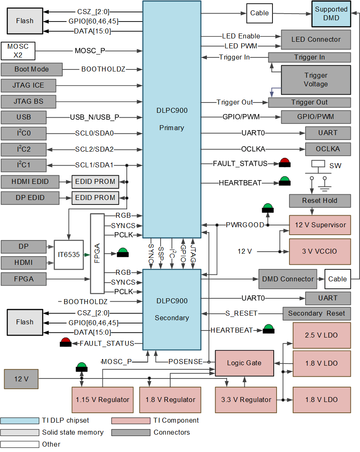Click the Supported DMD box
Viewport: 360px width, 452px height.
[x=331, y=14]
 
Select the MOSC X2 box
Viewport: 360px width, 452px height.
[x=18, y=51]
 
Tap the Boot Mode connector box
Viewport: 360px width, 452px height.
[x=31, y=69]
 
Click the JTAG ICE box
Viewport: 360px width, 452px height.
[x=28, y=86]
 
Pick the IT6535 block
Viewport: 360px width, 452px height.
[x=69, y=255]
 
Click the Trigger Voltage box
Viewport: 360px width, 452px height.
[x=316, y=80]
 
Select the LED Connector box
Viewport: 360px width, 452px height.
[x=316, y=40]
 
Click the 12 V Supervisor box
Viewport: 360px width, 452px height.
[x=320, y=225]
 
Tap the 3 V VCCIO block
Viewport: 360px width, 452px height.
[x=320, y=251]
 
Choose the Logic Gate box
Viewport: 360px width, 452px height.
[x=244, y=363]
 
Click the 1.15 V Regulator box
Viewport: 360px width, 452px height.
[x=102, y=400]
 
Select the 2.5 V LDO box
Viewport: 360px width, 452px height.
[x=322, y=335]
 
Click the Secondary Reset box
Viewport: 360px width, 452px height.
[x=316, y=313]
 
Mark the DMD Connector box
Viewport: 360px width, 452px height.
[x=288, y=279]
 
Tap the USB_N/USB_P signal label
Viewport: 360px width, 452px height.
[x=95, y=117]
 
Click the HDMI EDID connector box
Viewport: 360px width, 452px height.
[x=30, y=181]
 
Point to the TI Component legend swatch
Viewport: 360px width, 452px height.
[x=130, y=421]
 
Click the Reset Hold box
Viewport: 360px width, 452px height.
[x=320, y=201]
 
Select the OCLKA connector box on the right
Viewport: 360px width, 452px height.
[x=328, y=149]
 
